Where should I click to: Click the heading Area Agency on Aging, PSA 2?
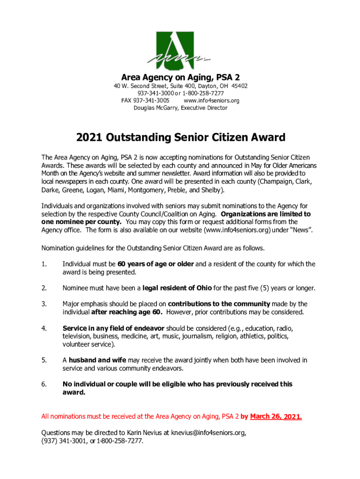click(x=180, y=77)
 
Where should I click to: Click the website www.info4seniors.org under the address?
click(x=211, y=101)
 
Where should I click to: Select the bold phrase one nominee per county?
click(x=82, y=222)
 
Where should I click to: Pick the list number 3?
click(x=43, y=304)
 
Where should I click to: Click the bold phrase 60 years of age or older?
click(x=156, y=264)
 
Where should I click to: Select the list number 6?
click(x=43, y=385)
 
